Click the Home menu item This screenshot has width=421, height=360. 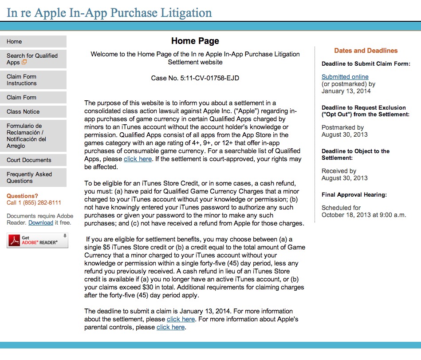[33, 42]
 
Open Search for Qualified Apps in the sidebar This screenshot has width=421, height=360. [33, 59]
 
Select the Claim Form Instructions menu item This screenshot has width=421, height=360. [33, 80]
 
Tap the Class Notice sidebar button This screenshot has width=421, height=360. [33, 111]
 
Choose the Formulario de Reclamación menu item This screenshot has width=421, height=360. [33, 136]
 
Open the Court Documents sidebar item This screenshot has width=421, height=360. [33, 160]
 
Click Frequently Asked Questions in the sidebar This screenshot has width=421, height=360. [33, 178]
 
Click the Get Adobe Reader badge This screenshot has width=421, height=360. [37, 240]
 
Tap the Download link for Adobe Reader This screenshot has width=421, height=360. [41, 223]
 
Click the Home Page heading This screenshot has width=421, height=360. [195, 41]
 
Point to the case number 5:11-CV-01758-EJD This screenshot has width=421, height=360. [195, 78]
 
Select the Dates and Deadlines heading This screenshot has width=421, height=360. [366, 51]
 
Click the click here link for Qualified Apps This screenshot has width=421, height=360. [138, 159]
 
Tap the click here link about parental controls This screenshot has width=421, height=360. [171, 327]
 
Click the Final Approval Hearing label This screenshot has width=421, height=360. [354, 194]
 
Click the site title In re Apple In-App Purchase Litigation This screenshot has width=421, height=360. [109, 12]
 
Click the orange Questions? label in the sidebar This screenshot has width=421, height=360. [22, 196]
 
